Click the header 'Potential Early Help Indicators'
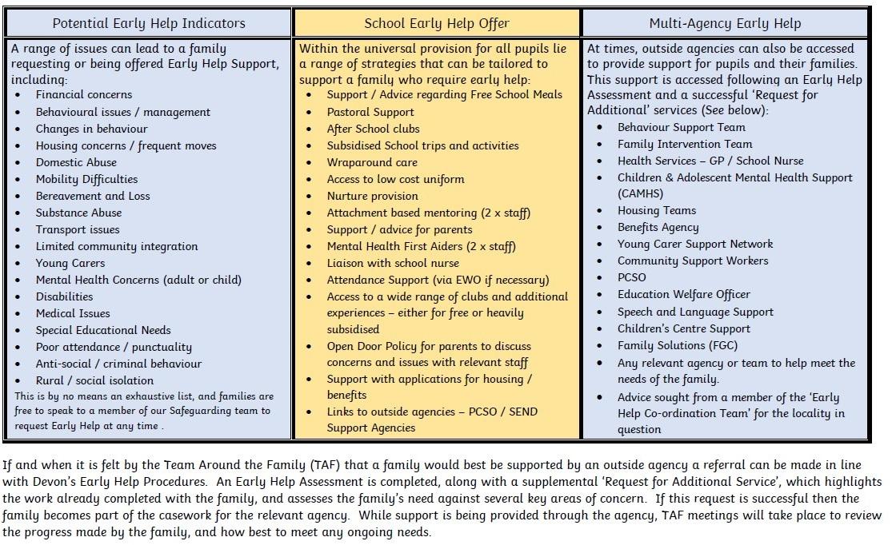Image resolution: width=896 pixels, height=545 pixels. click(x=148, y=23)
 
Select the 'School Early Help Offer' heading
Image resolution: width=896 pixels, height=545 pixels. click(x=436, y=23)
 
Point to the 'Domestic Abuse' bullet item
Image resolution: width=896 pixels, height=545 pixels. click(x=76, y=162)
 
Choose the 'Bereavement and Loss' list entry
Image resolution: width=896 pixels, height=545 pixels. click(x=93, y=196)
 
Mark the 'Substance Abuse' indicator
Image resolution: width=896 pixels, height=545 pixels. click(x=78, y=213)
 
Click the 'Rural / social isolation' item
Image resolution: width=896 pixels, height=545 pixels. click(x=94, y=380)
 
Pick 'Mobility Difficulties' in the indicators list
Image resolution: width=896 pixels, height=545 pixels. click(x=86, y=179)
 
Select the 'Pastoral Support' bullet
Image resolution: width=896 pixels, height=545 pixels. click(x=370, y=112)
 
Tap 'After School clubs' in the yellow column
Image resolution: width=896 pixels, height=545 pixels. click(x=373, y=129)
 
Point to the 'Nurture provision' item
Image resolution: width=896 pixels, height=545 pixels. click(x=372, y=196)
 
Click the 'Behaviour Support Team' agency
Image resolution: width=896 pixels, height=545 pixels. click(x=681, y=127)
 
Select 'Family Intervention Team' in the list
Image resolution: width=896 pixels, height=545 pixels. click(x=685, y=144)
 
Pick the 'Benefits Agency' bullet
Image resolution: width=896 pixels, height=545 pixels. click(x=658, y=227)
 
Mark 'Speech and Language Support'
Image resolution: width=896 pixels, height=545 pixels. click(x=695, y=312)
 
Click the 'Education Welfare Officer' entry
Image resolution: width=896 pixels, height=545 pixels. click(x=684, y=295)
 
